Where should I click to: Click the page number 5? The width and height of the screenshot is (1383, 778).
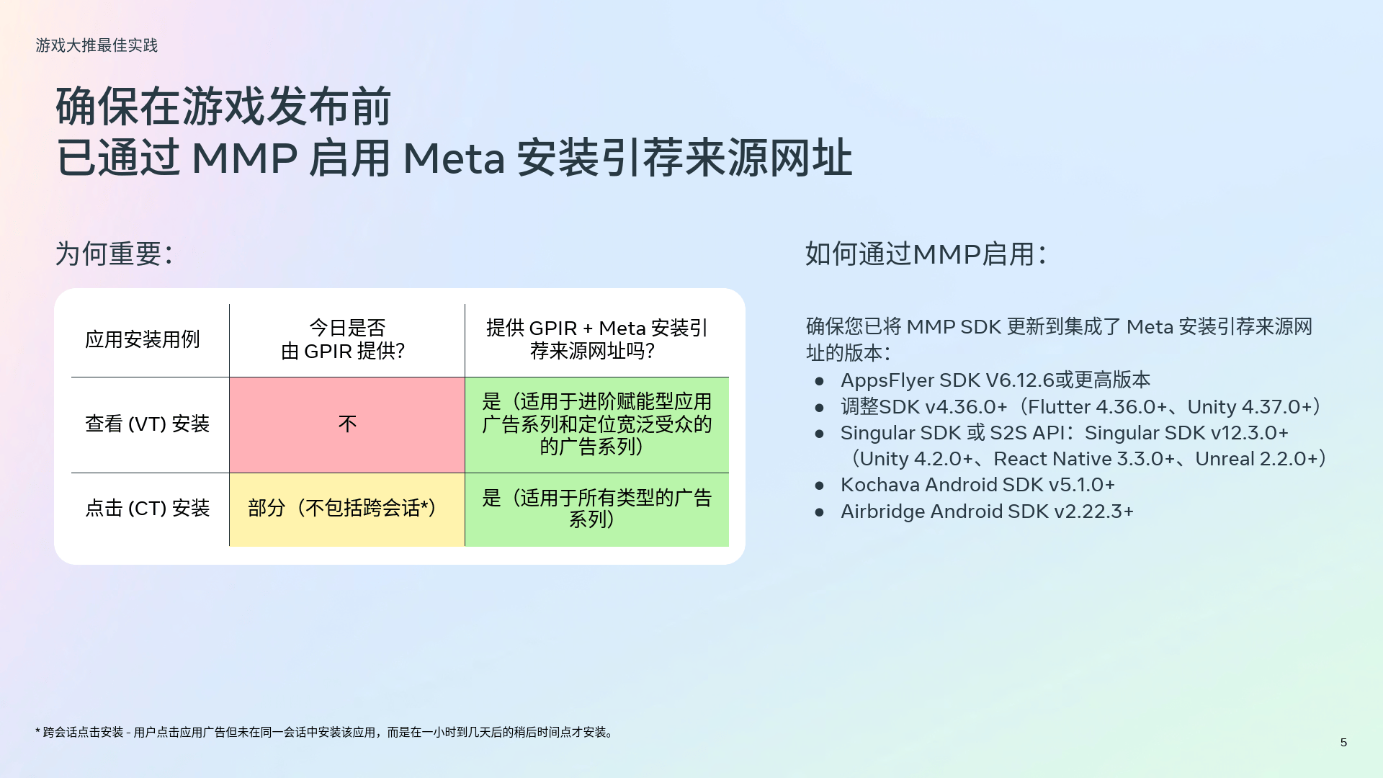point(1343,742)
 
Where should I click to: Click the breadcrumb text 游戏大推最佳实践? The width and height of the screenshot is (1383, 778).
point(97,45)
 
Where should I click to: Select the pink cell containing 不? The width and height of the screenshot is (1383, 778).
point(347,424)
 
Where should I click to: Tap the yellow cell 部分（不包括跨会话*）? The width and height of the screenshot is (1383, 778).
point(347,509)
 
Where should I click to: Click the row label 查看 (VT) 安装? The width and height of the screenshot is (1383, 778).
point(147,424)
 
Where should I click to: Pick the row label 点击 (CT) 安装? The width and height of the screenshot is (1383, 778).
point(147,508)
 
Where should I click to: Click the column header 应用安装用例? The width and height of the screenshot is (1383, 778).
point(142,339)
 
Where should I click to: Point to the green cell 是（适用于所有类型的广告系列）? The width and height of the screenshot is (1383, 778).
point(596,509)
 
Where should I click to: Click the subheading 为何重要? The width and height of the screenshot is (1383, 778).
point(114,254)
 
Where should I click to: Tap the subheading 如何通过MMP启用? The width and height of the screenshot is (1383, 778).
point(925,254)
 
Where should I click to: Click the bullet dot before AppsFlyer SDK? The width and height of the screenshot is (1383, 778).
point(819,381)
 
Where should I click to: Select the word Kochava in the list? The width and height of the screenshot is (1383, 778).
point(880,485)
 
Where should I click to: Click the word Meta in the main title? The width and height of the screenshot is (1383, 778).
point(454,158)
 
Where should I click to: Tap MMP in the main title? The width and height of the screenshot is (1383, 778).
point(244,158)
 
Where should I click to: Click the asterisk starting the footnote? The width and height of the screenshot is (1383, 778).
point(37,731)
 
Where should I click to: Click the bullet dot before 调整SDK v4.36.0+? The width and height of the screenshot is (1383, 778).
point(819,408)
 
